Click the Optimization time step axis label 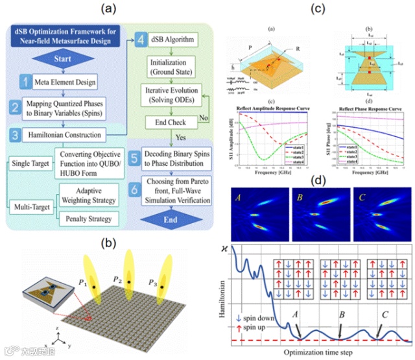[328, 352]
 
